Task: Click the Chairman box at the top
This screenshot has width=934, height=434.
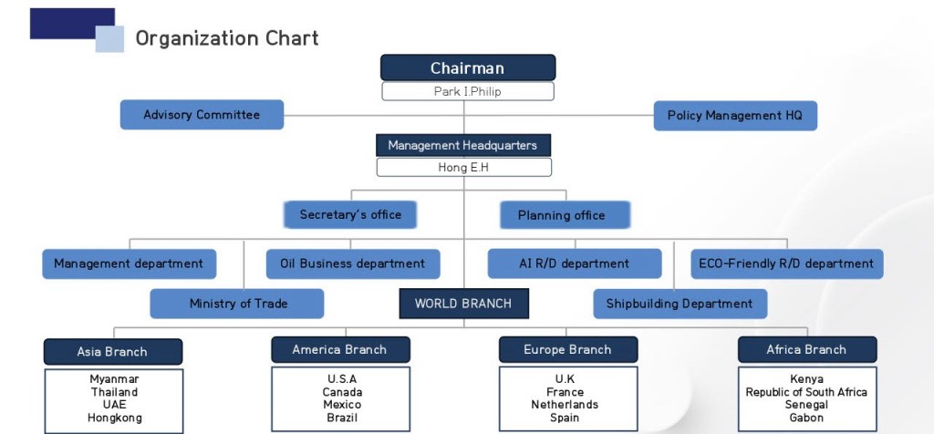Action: [x=467, y=68]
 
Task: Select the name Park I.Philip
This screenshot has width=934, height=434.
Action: [x=467, y=91]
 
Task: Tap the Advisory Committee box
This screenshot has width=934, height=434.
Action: [x=202, y=115]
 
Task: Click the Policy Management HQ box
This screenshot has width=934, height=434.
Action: [x=735, y=116]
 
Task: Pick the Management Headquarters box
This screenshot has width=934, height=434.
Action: [x=462, y=145]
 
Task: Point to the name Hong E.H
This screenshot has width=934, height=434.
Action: [x=463, y=168]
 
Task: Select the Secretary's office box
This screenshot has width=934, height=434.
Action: [x=350, y=215]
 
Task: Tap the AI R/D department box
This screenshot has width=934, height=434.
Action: [x=574, y=263]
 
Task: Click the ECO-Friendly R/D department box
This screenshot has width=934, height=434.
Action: [x=786, y=263]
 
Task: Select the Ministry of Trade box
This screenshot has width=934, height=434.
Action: [x=237, y=304]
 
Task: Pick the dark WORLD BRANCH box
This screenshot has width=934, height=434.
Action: [x=462, y=304]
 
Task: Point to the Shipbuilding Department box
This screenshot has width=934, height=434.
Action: [x=680, y=304]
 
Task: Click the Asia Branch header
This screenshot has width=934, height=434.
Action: [x=112, y=352]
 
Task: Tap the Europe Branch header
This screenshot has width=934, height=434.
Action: [x=567, y=350]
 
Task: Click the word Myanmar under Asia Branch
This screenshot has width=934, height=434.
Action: [x=114, y=379]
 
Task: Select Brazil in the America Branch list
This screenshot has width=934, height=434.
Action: [x=342, y=418]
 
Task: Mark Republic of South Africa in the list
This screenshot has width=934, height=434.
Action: [x=806, y=392]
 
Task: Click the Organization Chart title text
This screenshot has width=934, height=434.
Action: [x=227, y=38]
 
